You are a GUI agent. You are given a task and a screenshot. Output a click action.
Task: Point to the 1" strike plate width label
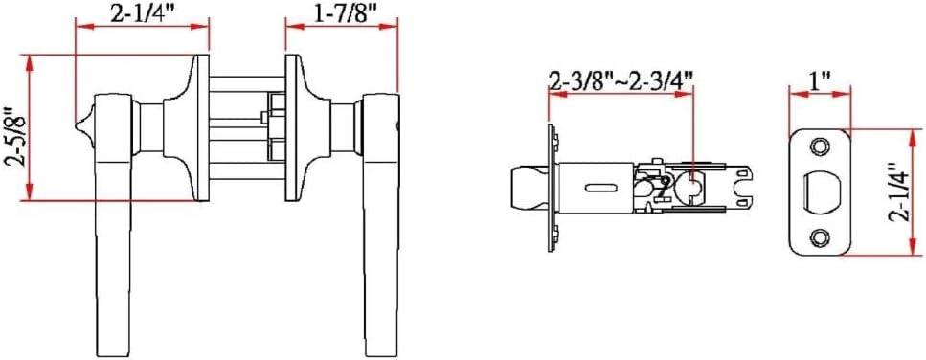820,79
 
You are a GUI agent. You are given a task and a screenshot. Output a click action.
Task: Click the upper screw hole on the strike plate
820,146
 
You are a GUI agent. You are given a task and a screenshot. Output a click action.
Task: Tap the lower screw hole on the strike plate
820,236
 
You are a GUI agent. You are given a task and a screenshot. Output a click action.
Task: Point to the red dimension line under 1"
820,95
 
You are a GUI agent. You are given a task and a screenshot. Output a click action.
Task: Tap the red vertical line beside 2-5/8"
33,128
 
